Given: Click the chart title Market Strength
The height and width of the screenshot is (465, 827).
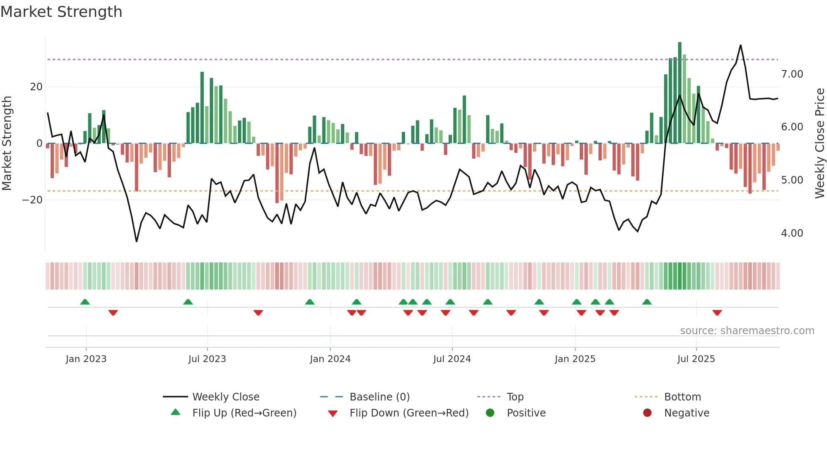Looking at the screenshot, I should (x=62, y=12).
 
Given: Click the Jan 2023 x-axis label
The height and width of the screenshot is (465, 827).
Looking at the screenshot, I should (x=86, y=359).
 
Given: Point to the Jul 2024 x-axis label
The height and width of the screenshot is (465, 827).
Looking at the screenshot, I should (x=452, y=359).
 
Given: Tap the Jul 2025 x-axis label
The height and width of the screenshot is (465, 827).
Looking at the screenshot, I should (x=696, y=359).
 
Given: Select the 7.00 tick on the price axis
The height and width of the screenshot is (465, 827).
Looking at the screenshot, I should (x=792, y=74).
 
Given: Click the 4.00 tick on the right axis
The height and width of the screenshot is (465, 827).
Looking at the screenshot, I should (x=792, y=233).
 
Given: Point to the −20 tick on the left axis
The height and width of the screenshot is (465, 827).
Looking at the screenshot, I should (x=32, y=200).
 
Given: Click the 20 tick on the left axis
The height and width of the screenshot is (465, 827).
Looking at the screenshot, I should (x=36, y=87).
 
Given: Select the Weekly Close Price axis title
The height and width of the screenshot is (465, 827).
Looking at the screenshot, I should (x=819, y=143).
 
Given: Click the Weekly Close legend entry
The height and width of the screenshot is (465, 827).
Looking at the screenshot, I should (x=226, y=397).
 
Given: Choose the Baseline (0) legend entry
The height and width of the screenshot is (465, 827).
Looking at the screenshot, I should (x=379, y=397).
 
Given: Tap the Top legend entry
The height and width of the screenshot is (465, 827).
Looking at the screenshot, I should (x=515, y=397).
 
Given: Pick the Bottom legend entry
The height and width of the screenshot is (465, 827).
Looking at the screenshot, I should (x=682, y=397).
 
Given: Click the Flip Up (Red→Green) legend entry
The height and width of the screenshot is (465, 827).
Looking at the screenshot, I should (x=244, y=413).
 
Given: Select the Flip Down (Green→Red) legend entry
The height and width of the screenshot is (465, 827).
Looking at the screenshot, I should (x=409, y=413).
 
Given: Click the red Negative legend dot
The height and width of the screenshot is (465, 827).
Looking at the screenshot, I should (x=647, y=413).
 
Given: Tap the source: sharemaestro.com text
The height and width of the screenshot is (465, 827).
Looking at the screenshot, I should (x=747, y=331).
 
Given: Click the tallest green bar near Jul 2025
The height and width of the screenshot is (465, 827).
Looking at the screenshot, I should (x=680, y=93).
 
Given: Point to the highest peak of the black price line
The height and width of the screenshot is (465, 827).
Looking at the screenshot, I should (x=741, y=45).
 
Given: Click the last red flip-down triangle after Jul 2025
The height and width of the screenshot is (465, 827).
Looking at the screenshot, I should (x=717, y=313).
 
